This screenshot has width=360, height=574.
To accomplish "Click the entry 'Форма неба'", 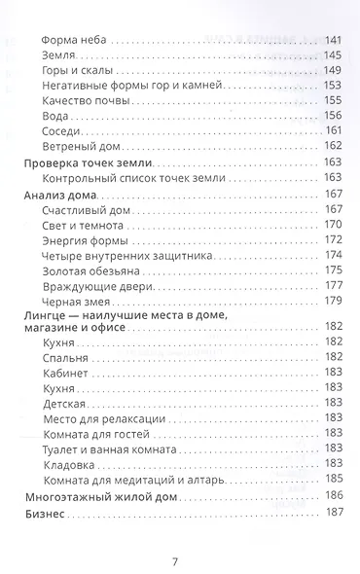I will point(76,40).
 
